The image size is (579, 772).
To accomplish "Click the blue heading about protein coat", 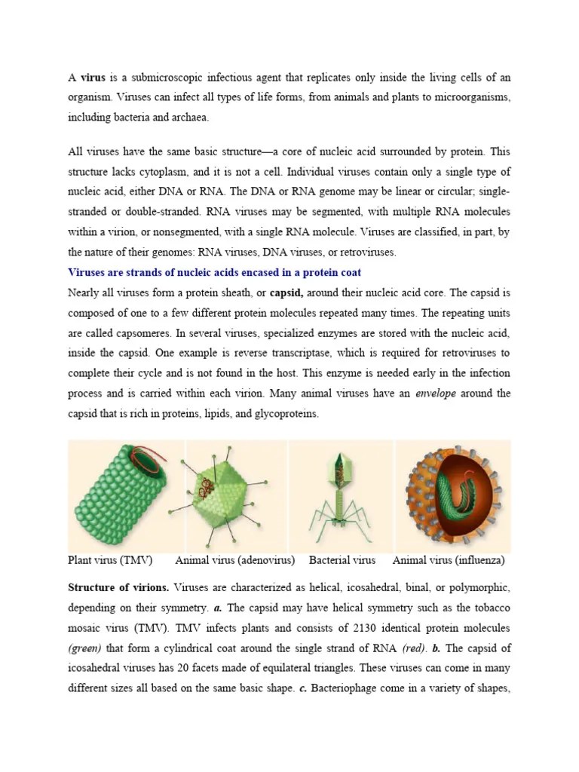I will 213,272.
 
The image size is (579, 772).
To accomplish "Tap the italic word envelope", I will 436,394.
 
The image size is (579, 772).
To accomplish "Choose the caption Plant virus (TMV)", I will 110,560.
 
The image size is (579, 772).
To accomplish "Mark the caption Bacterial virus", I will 342,560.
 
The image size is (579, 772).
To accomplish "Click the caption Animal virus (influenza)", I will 449,560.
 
